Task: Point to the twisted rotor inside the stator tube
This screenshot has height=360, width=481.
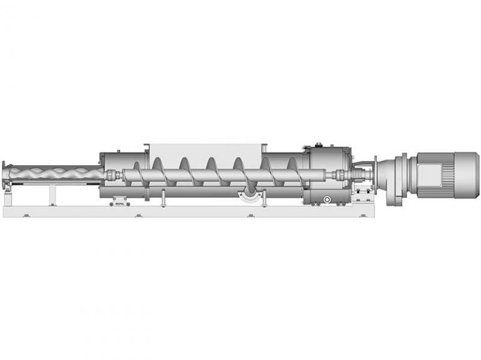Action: pyautogui.click(x=56, y=171)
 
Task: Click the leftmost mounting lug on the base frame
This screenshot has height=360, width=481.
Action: pyautogui.click(x=26, y=215)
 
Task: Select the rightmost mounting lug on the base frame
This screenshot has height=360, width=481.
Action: pyautogui.click(x=364, y=215)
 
